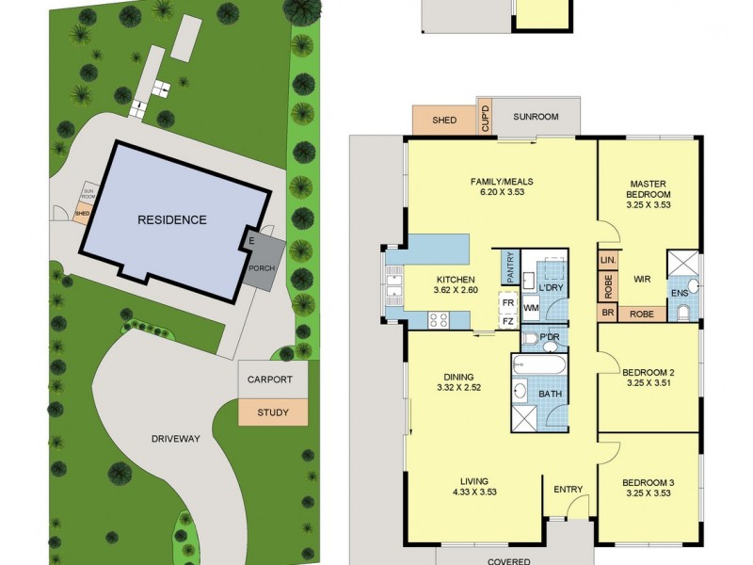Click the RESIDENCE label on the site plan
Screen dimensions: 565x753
(171, 220)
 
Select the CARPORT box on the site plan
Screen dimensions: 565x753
(272, 380)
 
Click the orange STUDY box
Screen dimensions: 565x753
(272, 412)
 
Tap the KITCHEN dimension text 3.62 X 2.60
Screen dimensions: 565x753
(456, 290)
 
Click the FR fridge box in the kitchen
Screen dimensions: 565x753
(507, 302)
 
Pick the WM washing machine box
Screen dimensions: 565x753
(530, 307)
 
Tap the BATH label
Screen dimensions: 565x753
(550, 395)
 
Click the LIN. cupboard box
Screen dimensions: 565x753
(607, 258)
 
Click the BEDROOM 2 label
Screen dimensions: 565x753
(649, 373)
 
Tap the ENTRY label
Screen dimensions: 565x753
(569, 489)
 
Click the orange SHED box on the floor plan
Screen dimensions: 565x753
(444, 121)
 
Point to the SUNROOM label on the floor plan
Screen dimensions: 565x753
(536, 118)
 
